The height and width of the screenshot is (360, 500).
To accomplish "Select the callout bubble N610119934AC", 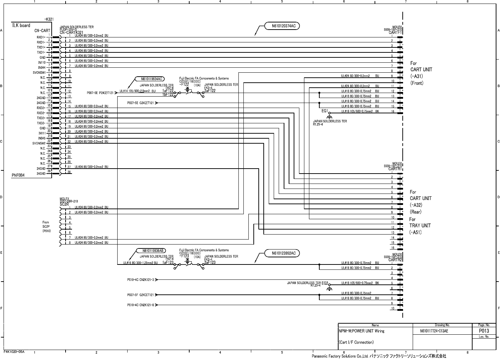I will click(151, 79).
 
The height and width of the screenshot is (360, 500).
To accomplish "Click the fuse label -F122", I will click(184, 85).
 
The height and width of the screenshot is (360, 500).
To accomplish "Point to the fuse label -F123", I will click(184, 256).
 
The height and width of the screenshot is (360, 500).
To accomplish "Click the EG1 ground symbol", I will click(329, 115).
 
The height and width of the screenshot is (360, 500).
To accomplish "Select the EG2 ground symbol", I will click(329, 288).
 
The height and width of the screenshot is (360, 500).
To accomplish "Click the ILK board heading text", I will click(21, 26).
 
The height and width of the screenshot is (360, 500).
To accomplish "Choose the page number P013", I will click(484, 331).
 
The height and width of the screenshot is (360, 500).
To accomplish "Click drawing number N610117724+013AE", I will click(434, 331).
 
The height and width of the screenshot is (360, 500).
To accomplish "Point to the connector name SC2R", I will click(64, 205).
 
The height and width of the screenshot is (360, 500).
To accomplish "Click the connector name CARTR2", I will click(395, 260).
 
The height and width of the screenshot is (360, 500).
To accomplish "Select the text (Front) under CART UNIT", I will click(417, 83).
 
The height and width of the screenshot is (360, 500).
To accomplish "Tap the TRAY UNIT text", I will click(420, 226).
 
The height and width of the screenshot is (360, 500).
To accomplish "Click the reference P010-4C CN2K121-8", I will click(140, 305).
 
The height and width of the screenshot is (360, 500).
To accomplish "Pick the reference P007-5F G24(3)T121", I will click(140, 295).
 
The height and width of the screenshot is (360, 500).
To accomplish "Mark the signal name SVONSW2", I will click(39, 143).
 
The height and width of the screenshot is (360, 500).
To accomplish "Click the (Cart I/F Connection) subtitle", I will click(356, 343).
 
